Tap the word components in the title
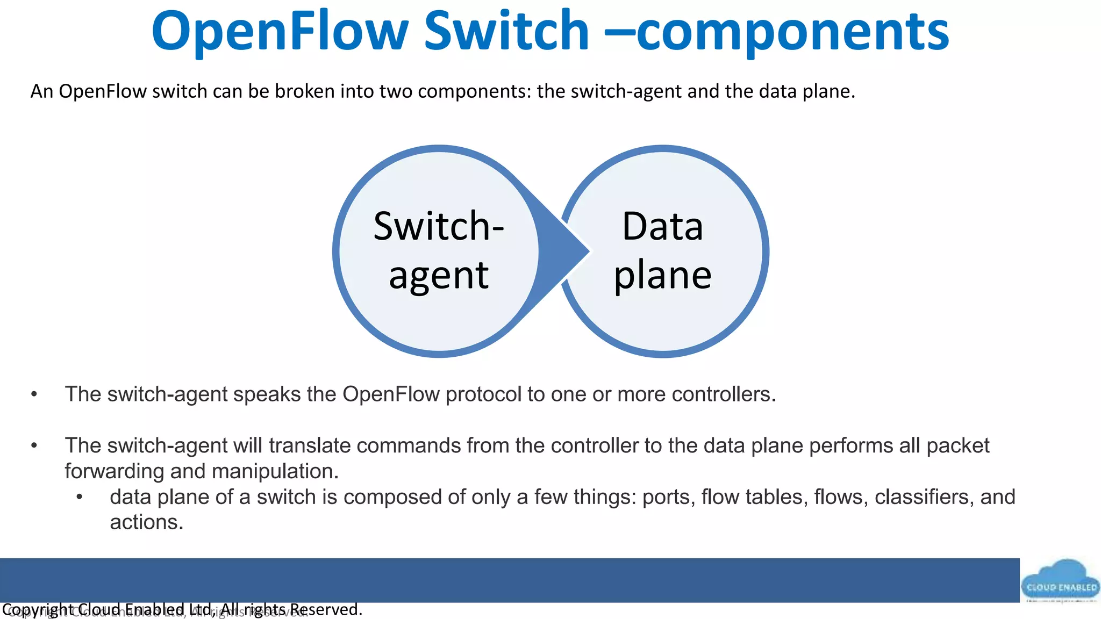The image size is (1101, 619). click(793, 33)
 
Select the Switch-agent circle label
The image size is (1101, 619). click(439, 250)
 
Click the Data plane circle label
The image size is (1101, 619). click(662, 250)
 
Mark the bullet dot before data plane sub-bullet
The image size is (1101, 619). click(80, 497)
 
